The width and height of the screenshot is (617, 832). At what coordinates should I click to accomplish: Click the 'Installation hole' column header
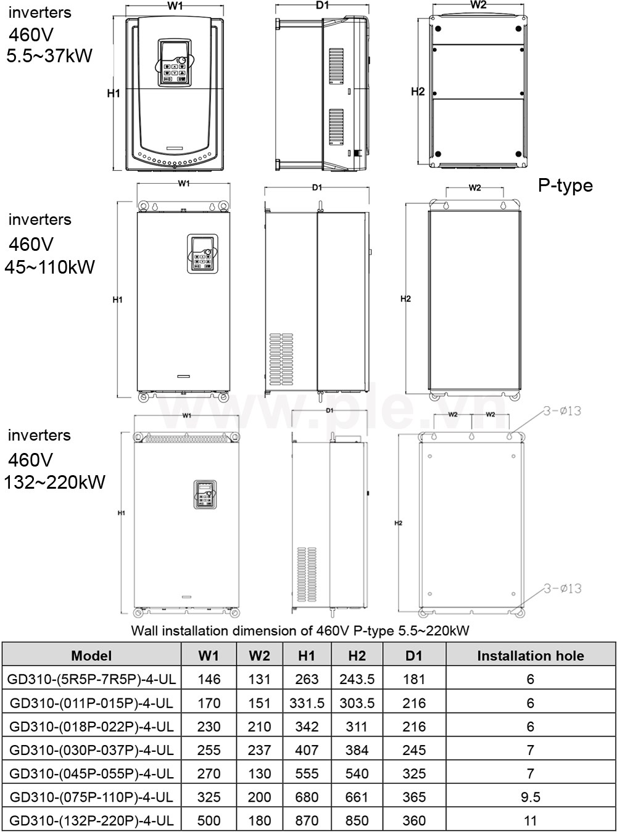tap(530, 656)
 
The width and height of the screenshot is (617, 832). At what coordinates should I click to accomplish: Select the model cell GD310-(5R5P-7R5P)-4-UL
tap(92, 679)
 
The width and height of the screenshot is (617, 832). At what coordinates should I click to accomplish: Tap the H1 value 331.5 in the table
tap(307, 703)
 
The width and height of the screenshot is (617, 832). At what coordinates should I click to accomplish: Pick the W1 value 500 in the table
tap(209, 820)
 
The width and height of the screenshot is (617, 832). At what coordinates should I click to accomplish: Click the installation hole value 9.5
tap(530, 797)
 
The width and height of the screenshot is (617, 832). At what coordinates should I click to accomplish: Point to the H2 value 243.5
tap(357, 679)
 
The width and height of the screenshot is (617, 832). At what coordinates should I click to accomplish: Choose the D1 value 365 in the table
tap(413, 797)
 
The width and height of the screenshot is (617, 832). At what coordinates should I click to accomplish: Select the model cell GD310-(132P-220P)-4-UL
tap(92, 820)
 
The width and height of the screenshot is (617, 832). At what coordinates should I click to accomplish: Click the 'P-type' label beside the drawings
tap(565, 186)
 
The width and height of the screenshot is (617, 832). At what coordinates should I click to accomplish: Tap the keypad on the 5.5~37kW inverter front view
tap(175, 63)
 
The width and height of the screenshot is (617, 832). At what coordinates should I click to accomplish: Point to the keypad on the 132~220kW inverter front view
tap(206, 495)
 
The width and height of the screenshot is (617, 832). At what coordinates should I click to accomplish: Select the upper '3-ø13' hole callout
tap(562, 411)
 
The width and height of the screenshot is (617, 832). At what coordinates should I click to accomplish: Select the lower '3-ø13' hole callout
tap(562, 589)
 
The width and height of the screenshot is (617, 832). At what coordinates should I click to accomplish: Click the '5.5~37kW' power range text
tap(49, 56)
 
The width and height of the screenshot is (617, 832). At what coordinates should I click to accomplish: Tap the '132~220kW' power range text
tap(54, 483)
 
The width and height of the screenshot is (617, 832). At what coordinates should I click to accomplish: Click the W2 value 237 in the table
tap(259, 750)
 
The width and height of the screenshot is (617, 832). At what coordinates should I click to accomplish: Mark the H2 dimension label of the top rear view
tap(418, 92)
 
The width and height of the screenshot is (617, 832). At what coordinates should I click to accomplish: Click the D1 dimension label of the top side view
tap(322, 6)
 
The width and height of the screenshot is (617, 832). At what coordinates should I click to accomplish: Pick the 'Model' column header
tap(92, 656)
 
